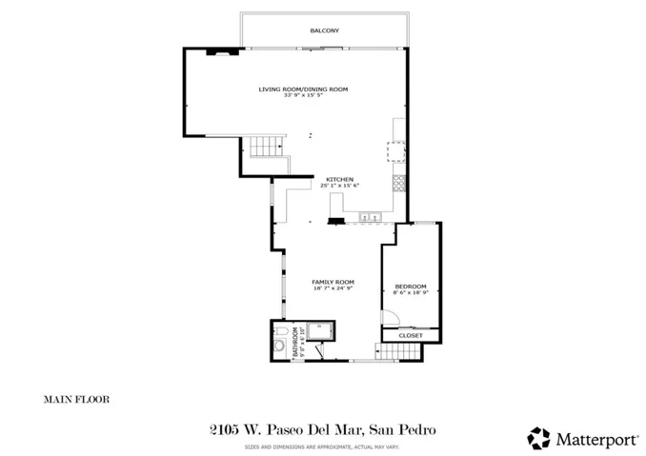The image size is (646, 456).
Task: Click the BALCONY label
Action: tap(324, 31)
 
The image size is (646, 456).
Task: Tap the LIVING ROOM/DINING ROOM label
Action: tap(303, 89)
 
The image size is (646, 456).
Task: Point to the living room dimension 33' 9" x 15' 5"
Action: tap(303, 95)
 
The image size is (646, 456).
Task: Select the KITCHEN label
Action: tap(340, 180)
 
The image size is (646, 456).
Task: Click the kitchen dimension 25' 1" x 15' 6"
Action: tap(340, 186)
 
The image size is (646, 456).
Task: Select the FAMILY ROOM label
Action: tap(333, 282)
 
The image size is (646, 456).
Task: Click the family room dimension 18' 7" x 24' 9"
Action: tap(333, 288)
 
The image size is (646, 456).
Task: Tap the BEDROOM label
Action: tap(412, 287)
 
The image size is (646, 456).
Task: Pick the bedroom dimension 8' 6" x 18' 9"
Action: tap(412, 293)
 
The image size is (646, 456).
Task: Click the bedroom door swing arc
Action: tap(390, 318)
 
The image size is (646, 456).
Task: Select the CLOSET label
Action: tap(411, 335)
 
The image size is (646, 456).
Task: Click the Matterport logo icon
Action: tap(538, 437)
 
